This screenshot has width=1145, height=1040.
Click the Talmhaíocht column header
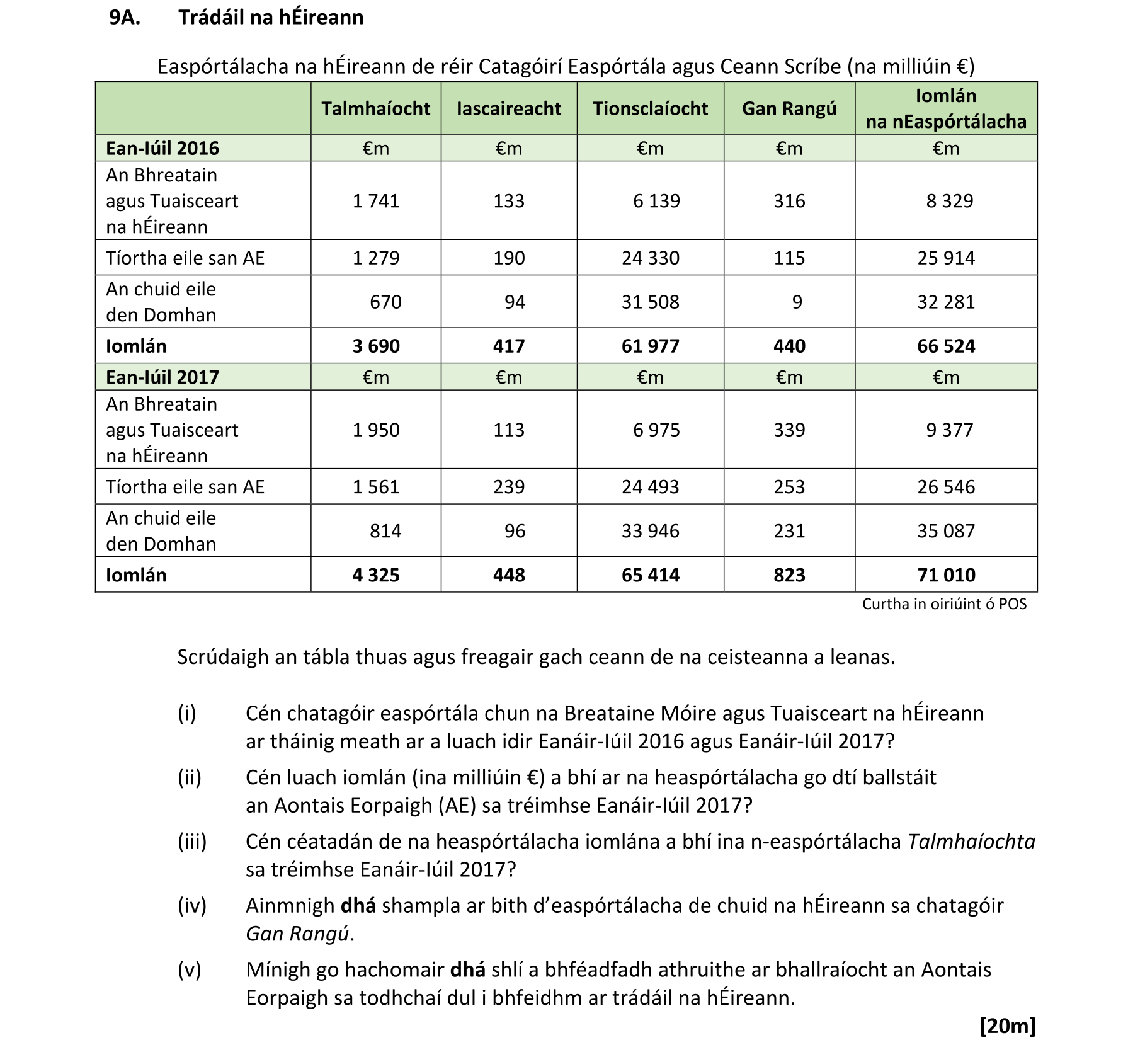click(x=375, y=108)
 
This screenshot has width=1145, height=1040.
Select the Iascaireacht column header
click(x=508, y=108)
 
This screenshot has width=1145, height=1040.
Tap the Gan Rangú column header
click(x=789, y=108)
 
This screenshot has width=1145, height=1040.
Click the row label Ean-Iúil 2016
click(x=162, y=148)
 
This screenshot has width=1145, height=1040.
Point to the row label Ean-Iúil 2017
click(x=162, y=377)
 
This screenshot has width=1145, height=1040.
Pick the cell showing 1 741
click(x=376, y=201)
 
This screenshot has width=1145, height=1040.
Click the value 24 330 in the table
click(x=650, y=258)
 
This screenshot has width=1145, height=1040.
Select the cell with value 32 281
click(x=945, y=302)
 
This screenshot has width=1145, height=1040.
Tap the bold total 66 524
click(x=945, y=346)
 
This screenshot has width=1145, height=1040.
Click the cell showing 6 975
click(x=656, y=430)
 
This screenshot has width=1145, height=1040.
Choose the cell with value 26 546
click(x=945, y=486)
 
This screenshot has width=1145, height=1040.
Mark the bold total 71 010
click(x=945, y=575)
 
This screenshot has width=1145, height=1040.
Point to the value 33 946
click(x=650, y=531)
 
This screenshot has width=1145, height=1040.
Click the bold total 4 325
click(x=376, y=575)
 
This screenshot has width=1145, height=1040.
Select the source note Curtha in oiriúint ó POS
click(x=943, y=604)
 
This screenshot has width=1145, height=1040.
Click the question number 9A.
click(x=125, y=18)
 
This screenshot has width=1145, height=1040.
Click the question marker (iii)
click(x=191, y=842)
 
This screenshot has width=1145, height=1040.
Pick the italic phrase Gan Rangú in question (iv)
click(x=297, y=934)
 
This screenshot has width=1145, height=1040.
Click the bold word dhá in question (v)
click(x=467, y=969)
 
